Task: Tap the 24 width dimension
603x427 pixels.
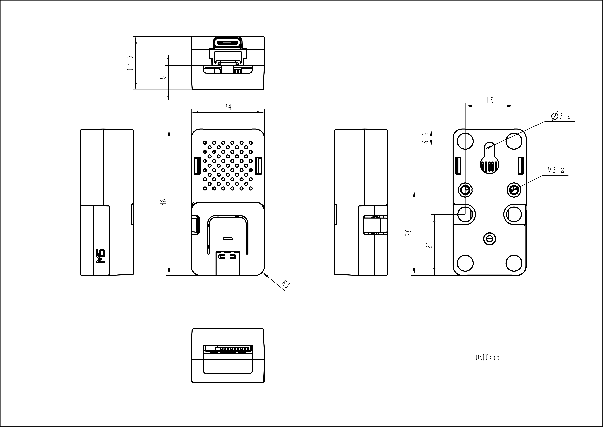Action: [x=228, y=107]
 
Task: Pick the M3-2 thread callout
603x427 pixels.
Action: [x=556, y=170]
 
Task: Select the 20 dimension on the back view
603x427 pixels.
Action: [x=429, y=245]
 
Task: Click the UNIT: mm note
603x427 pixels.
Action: [x=488, y=358]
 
